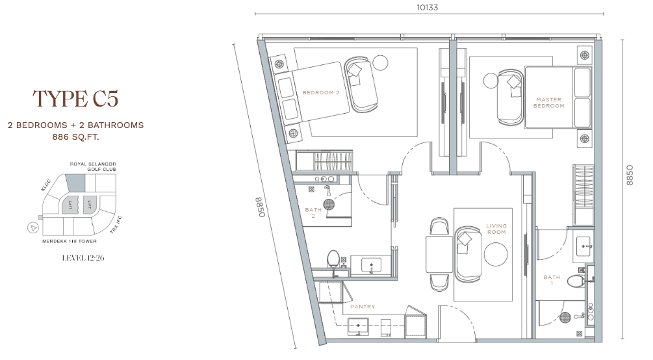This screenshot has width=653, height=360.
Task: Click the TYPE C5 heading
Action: click(75, 99)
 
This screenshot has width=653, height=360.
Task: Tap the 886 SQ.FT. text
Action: click(76, 136)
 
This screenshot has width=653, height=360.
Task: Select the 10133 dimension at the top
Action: click(428, 8)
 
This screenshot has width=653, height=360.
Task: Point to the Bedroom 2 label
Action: click(321, 92)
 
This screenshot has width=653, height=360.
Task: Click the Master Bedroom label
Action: click(549, 103)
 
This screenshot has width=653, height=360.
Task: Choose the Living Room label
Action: click(496, 229)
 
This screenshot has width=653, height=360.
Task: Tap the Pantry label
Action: click(363, 306)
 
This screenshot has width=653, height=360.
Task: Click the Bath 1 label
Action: click(552, 280)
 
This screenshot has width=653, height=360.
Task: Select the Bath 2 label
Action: click(313, 212)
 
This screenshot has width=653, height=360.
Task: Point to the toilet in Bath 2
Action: click(333, 259)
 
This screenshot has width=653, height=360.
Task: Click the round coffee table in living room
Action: click(496, 253)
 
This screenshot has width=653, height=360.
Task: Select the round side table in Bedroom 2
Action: click(380, 62)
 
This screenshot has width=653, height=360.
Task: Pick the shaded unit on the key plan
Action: click(75, 183)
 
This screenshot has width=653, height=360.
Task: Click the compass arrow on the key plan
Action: click(33, 228)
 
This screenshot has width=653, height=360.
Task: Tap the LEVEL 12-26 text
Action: click(83, 258)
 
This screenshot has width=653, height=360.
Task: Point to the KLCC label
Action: click(46, 185)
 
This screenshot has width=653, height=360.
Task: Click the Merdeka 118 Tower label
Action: click(70, 241)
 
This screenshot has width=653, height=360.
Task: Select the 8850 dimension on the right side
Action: click(630, 175)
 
